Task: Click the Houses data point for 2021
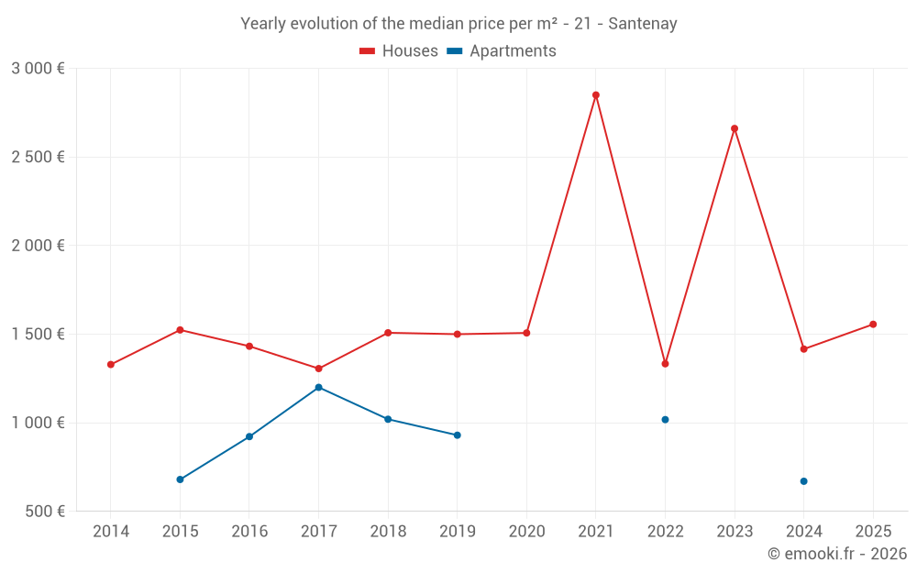[x=596, y=95]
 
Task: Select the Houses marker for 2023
[x=735, y=128]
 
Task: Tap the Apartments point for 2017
[x=318, y=387]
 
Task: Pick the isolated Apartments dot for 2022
[x=665, y=420]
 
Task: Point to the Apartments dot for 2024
[x=803, y=481]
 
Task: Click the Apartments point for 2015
[x=180, y=479]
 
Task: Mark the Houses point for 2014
[x=111, y=365]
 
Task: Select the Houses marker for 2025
[x=873, y=325]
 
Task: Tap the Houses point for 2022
[x=665, y=364]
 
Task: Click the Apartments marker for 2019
[x=457, y=435]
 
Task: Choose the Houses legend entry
[x=399, y=51]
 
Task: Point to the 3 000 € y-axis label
[x=38, y=69]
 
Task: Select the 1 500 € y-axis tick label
[x=38, y=335]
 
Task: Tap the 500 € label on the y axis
[x=44, y=512]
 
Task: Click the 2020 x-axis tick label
[x=526, y=532]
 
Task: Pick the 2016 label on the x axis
[x=249, y=532]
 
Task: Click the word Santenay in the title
[x=645, y=24]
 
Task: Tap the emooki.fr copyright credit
[x=837, y=554]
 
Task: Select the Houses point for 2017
[x=318, y=369]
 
